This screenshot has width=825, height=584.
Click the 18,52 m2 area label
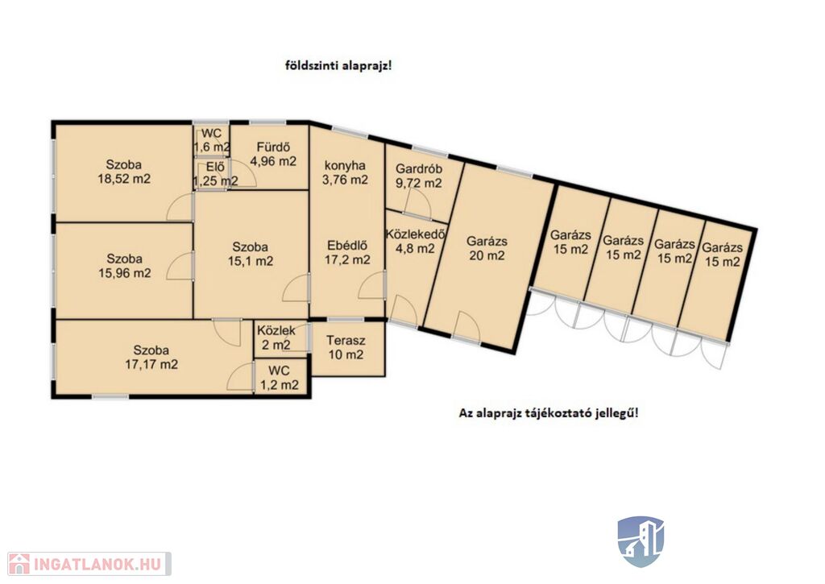point(124,179)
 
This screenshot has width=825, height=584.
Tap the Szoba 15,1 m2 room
point(251,254)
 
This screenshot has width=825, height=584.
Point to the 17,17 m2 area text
point(151,364)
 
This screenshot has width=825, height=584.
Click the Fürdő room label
point(273,147)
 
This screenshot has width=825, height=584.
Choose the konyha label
point(345,166)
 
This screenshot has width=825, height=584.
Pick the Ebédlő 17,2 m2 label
point(347,253)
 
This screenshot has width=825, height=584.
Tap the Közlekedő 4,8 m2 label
point(416,241)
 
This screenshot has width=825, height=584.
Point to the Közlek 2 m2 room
point(276,338)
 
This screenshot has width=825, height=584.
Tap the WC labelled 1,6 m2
point(211,139)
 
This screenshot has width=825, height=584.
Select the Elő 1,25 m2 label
point(215,174)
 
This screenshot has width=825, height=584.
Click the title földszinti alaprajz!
point(338,66)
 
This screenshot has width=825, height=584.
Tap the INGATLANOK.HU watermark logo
point(89,564)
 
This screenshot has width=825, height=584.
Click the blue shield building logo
point(641,541)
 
